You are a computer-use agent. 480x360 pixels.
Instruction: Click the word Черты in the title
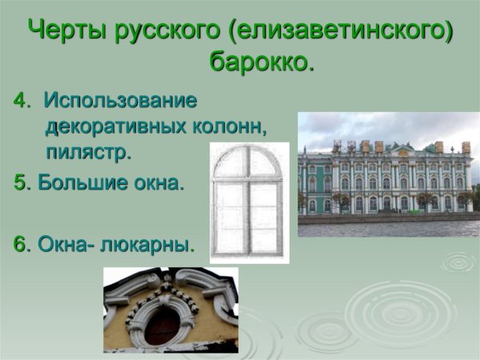[x=66, y=30]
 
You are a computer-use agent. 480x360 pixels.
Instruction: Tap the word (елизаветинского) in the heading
[x=339, y=30]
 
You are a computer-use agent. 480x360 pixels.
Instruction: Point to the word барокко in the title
[x=258, y=61]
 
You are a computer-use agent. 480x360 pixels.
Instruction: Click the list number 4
[x=19, y=101]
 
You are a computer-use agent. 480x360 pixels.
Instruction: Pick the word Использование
[x=120, y=101]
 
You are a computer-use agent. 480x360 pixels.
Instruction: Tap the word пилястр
[x=87, y=150]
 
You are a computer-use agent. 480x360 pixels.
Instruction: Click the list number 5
[x=19, y=182]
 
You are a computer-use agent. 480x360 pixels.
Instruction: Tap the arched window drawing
[x=249, y=203]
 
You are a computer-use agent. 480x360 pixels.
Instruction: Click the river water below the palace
[x=388, y=228]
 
